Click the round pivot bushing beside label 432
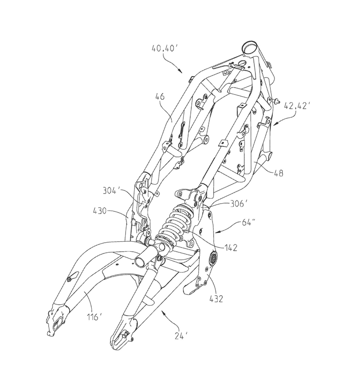(x=212, y=258)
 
